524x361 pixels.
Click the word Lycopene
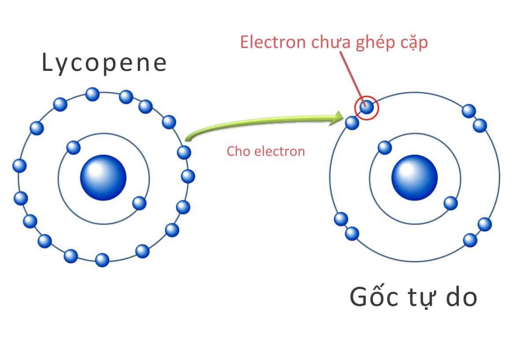pos(104,63)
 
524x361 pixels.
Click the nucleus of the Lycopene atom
pos(103,178)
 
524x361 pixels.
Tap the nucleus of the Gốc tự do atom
pos(414,178)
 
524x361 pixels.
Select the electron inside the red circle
pos(366,107)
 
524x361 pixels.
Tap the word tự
pos(415,298)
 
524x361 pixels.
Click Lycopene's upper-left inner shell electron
pos(73,147)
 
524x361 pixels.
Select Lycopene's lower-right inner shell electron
pos(139,203)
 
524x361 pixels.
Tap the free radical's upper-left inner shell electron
pos(384,147)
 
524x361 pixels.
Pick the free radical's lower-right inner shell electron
pos(450,203)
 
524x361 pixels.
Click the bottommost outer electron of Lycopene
pos(102,260)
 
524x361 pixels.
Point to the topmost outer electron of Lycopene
pos(92,94)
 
